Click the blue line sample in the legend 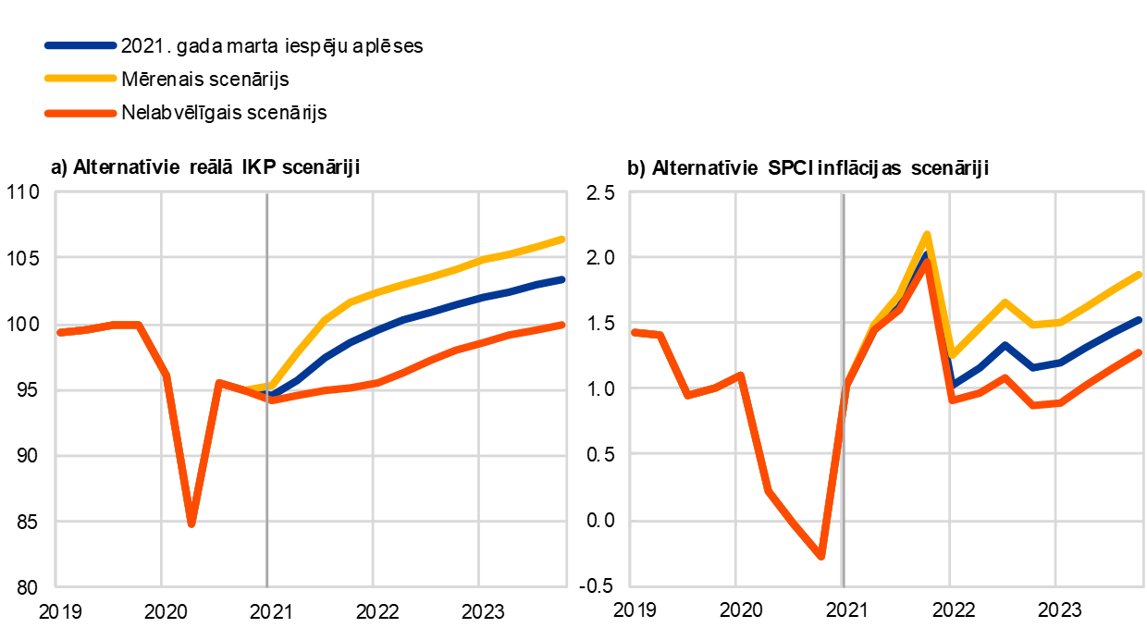(80, 45)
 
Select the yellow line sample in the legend (80, 78)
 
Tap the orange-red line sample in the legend (80, 113)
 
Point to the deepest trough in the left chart (191, 524)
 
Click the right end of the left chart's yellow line (563, 239)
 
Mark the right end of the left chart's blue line (563, 278)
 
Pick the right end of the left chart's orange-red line (563, 325)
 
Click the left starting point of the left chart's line (59, 332)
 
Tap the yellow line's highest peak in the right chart (927, 234)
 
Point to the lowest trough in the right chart (820, 557)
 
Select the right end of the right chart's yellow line (1141, 274)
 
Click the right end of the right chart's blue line (1141, 319)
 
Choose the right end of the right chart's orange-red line (1141, 352)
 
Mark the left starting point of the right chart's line (634, 331)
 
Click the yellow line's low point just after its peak (953, 354)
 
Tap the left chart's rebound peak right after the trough (218, 382)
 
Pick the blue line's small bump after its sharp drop (1005, 345)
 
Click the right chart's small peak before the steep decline (740, 375)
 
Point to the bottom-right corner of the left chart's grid (567, 586)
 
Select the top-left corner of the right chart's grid (630, 191)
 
